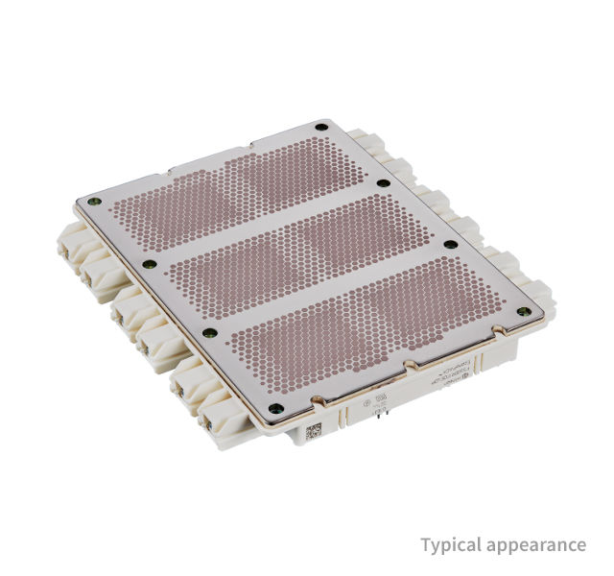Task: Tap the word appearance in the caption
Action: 539,545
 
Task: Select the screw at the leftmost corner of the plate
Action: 92,202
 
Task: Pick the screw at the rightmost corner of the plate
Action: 525,310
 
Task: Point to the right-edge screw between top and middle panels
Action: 383,182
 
